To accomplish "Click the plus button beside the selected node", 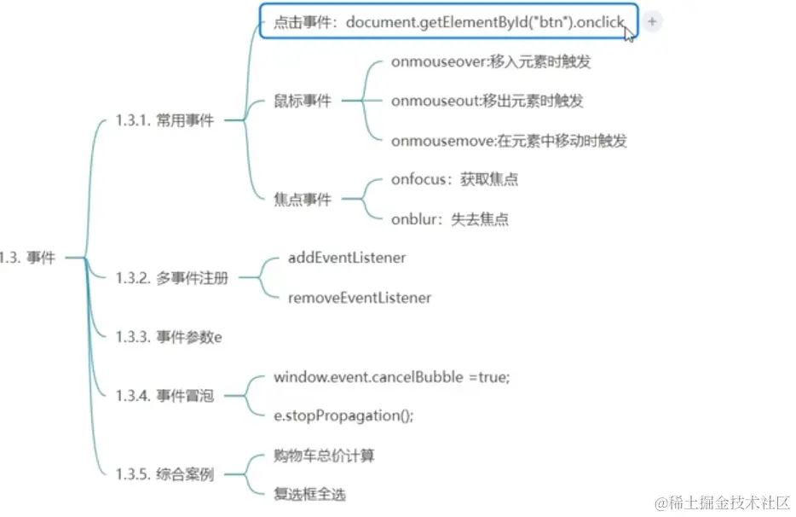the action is pyautogui.click(x=652, y=22).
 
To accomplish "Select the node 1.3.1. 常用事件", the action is pyautogui.click(x=164, y=121).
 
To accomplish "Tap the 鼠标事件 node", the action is pyautogui.click(x=303, y=102).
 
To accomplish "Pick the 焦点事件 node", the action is pyautogui.click(x=303, y=200).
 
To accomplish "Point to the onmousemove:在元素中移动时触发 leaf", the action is pyautogui.click(x=509, y=141).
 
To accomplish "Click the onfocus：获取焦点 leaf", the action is pyautogui.click(x=454, y=179).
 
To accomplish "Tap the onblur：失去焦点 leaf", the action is pyautogui.click(x=450, y=219).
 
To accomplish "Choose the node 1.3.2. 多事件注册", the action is pyautogui.click(x=171, y=277).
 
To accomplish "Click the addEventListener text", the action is pyautogui.click(x=347, y=258).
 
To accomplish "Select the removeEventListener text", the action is pyautogui.click(x=360, y=298).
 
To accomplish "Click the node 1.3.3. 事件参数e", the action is pyautogui.click(x=169, y=337).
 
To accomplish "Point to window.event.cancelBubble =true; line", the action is pyautogui.click(x=391, y=376).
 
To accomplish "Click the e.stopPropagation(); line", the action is pyautogui.click(x=343, y=415).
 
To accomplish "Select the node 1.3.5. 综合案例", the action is pyautogui.click(x=164, y=474).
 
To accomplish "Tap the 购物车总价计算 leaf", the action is pyautogui.click(x=324, y=456).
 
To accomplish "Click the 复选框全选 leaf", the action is pyautogui.click(x=309, y=495).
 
